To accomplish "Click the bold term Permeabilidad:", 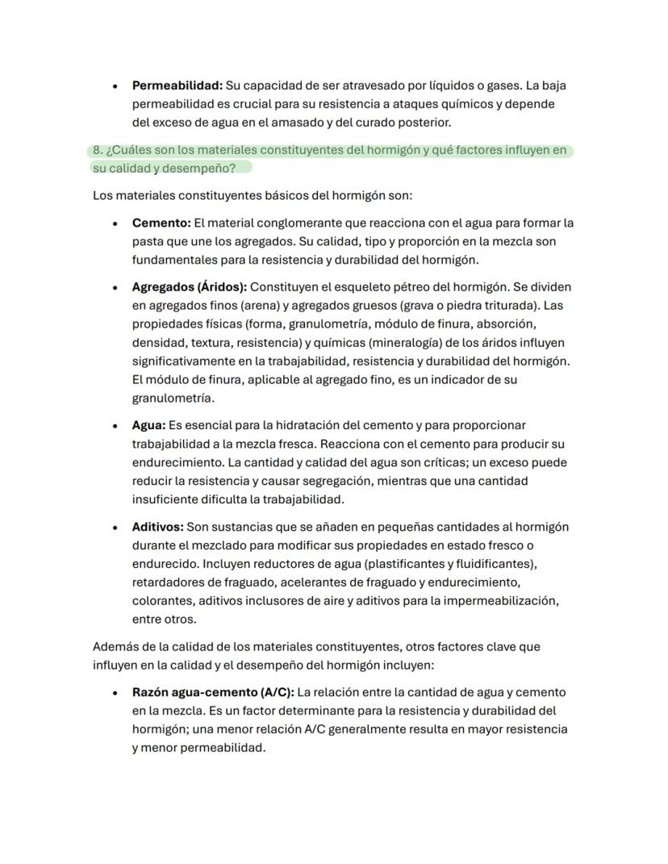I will [177, 85].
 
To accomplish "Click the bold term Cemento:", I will [161, 223].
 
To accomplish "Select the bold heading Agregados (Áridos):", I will [189, 286].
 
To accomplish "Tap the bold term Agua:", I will [148, 425].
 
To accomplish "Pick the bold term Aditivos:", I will [157, 527].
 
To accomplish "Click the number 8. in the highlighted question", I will [98, 151].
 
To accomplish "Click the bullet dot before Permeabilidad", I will [116, 86].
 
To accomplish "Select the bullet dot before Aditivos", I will [116, 528].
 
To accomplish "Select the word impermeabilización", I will [502, 601].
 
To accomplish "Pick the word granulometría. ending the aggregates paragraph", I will [173, 399].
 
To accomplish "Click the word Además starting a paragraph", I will [115, 647].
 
